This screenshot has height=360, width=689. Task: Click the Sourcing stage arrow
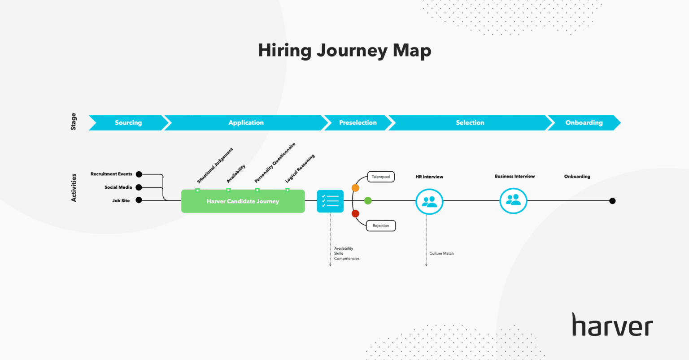pos(128,123)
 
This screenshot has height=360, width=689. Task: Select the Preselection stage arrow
pos(358,123)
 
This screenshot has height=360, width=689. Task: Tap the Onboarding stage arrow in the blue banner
pos(584,123)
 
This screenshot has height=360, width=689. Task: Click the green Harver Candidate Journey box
pos(243,201)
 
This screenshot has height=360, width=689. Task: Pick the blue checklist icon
pos(330,201)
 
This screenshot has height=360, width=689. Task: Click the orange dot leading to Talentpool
pos(355,188)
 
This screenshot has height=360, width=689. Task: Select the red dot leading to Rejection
pos(355,214)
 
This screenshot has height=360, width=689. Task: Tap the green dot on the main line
pos(368,201)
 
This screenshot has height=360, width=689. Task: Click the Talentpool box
pos(381,177)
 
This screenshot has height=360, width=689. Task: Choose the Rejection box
pos(381,226)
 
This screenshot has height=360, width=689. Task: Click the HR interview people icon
pos(429,202)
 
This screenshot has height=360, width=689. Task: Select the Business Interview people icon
pos(513,201)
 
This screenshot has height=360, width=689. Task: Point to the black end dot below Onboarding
pos(612,201)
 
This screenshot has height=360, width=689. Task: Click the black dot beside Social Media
pos(139,187)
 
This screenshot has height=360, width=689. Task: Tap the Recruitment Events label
pos(111,174)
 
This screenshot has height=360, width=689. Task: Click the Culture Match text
pos(441,254)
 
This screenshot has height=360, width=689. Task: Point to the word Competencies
pos(347,259)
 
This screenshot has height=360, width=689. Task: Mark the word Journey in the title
pos(352,51)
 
